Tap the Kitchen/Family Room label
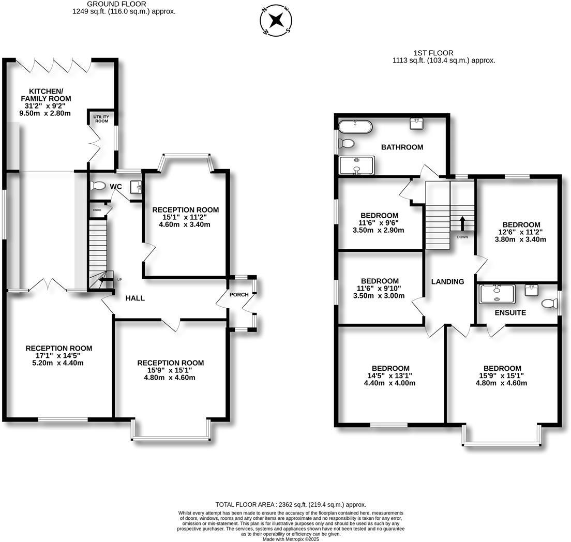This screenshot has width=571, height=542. click(46, 95)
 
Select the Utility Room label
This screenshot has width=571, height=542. click(101, 118)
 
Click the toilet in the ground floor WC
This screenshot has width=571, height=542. click(97, 185)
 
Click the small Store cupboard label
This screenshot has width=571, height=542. click(97, 210)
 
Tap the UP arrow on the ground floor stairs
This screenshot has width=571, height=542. click(107, 280)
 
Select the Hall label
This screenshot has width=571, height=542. click(135, 298)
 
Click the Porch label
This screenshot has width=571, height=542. click(239, 295)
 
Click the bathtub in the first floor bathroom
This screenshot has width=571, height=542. click(354, 126)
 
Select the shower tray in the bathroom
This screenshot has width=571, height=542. click(356, 165)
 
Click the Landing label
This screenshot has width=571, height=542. click(448, 282)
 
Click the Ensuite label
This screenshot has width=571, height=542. click(510, 313)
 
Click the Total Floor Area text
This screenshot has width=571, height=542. click(291, 504)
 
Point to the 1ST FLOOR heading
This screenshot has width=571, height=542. click(433, 53)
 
